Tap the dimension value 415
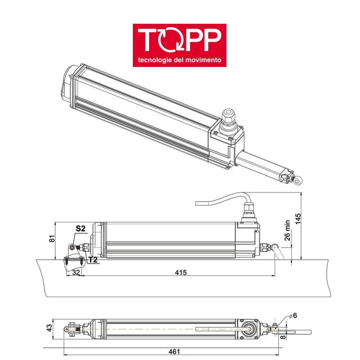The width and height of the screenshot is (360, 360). click(x=181, y=273)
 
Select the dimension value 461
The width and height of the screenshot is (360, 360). click(x=174, y=352)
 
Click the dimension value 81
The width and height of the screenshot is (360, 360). click(x=52, y=238)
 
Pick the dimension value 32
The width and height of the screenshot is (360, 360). click(x=75, y=273)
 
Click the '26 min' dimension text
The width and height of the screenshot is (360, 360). click(x=287, y=231)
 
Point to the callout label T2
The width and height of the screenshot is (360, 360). click(x=93, y=260)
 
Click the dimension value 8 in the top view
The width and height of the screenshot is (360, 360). click(x=283, y=337)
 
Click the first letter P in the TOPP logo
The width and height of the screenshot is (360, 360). click(x=195, y=40)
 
